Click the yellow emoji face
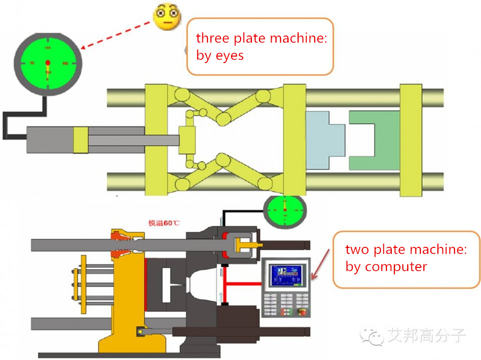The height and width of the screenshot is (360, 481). tap(167, 16)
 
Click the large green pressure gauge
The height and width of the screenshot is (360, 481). tap(48, 63)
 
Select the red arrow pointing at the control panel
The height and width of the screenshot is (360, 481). tap(321, 262)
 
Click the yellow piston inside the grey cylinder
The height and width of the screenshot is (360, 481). tap(80, 140)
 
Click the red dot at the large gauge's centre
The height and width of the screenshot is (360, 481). tap(48, 63)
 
